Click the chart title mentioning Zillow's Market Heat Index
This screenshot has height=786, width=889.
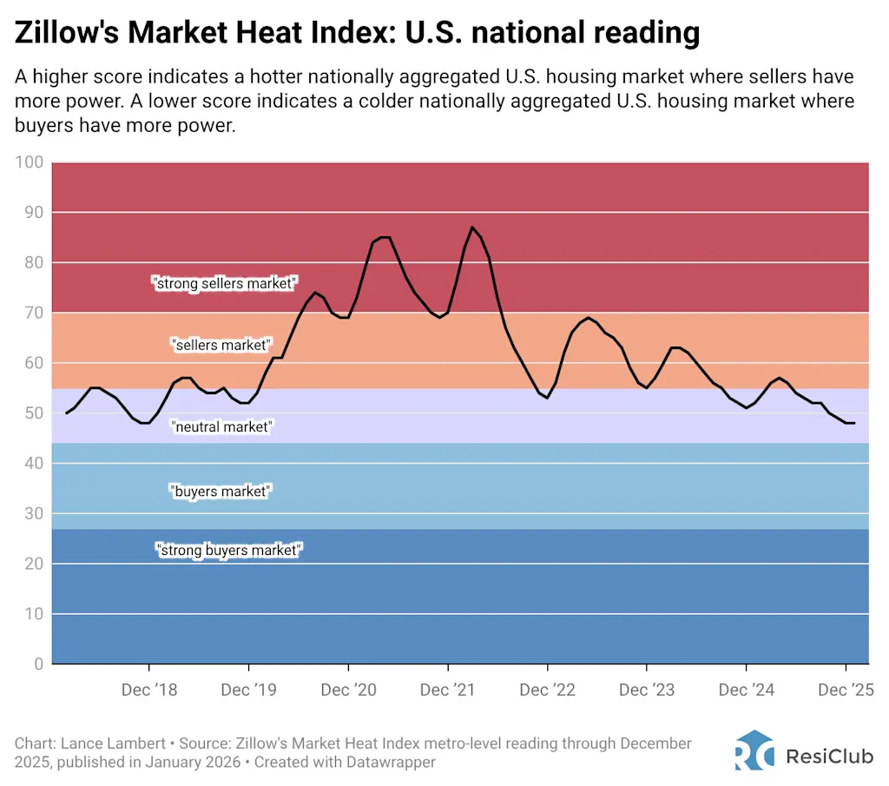[x=357, y=32]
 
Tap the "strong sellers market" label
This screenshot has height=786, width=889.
[x=225, y=283]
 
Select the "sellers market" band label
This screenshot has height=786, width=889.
[x=221, y=345]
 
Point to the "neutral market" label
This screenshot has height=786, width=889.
[x=221, y=426]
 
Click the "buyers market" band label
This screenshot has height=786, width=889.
[x=221, y=492]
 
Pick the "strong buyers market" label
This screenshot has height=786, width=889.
[x=227, y=550]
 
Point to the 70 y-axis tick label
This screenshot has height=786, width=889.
[x=32, y=313]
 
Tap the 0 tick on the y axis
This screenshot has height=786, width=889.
[x=38, y=664]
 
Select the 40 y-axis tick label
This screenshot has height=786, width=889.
[x=32, y=464]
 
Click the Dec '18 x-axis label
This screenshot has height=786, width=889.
[x=149, y=690]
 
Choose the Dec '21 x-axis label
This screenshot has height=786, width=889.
[x=448, y=690]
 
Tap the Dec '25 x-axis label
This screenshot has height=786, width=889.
[x=846, y=690]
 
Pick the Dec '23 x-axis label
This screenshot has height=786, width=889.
[x=647, y=690]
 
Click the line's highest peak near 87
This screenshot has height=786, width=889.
[x=472, y=228]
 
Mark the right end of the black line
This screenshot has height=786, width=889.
[x=854, y=423]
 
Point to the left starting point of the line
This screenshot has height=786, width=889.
[x=66, y=413]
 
